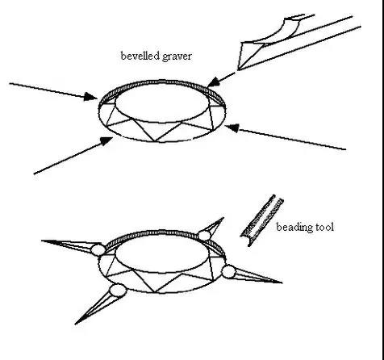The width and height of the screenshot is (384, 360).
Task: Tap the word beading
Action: point(294,228)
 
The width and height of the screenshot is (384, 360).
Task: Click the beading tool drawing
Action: point(262,220)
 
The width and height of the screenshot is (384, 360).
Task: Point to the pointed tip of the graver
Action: point(238,70)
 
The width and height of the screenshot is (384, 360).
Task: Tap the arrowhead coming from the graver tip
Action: point(214,82)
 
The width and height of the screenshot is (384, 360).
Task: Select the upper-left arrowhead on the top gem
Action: point(90,97)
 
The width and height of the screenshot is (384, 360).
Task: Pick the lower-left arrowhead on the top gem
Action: point(106,140)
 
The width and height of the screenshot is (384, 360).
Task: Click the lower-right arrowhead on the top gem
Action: point(232,128)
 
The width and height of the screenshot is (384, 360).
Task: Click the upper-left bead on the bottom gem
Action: point(98,250)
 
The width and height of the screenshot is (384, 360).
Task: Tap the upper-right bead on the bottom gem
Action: point(204,236)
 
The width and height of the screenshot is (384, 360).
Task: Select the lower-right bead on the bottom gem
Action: point(229,271)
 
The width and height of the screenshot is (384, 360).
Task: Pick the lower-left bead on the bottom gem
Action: point(118,291)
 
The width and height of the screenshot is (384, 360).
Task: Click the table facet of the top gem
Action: point(162,103)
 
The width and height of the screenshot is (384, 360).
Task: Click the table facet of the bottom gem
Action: point(162,253)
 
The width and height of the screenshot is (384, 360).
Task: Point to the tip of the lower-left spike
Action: point(75,324)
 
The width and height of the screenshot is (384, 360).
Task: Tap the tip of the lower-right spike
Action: point(282,283)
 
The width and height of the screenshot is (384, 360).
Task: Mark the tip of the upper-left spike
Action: point(42,241)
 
